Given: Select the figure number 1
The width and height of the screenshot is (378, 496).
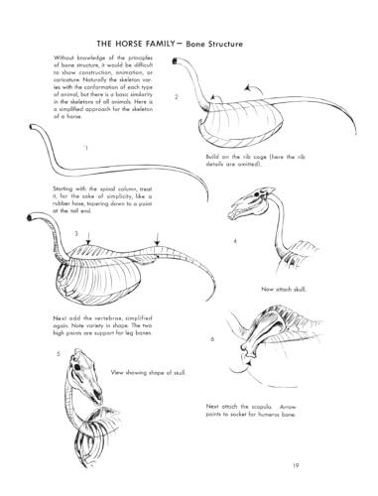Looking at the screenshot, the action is click(86, 148).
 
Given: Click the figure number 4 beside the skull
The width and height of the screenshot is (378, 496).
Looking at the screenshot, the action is click(235, 241).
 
